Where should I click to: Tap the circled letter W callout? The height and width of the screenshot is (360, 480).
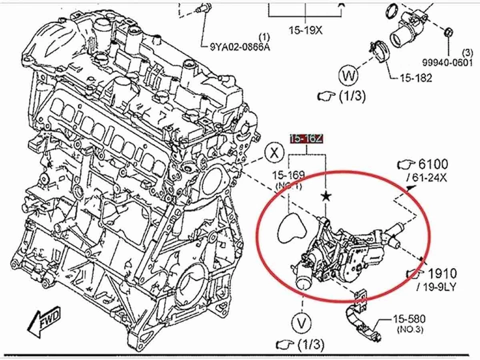348,76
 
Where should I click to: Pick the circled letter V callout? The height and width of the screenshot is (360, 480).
301,323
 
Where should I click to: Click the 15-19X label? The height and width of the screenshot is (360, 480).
305,30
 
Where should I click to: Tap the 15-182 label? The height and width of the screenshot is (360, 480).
415,78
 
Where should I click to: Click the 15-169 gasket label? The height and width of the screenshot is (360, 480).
288,175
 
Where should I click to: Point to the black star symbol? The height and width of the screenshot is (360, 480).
326,196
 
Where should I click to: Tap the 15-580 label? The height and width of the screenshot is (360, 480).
409,318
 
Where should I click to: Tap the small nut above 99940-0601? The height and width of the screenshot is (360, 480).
448,32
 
